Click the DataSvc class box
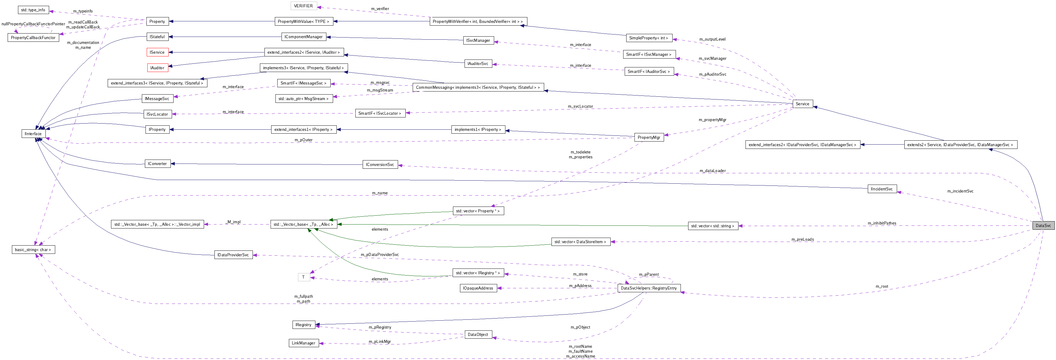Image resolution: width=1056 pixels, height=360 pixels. point(1043,225)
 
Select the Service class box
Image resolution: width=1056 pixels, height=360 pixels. point(802,104)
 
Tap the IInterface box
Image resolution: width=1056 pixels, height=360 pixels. point(33,134)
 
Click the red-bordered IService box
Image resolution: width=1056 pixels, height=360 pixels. point(157,52)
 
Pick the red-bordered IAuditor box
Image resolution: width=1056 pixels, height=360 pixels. point(157,68)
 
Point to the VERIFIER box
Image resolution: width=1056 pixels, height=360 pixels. point(304,6)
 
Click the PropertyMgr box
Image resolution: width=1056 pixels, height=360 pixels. point(648,137)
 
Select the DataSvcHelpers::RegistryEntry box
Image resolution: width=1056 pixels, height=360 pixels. point(648,288)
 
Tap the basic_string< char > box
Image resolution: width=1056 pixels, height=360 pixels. point(33,250)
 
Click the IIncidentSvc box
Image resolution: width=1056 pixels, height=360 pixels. point(882,189)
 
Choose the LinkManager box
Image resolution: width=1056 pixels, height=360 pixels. point(304,343)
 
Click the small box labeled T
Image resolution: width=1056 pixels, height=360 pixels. point(304,277)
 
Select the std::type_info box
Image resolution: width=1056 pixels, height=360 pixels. point(33,10)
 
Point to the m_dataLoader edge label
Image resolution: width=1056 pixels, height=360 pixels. point(713,171)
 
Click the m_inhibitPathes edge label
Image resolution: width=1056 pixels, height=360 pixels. point(882,223)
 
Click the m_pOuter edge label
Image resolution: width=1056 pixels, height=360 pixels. point(304,140)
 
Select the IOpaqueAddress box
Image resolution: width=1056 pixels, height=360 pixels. point(478,288)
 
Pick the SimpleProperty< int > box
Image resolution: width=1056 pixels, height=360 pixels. point(648,38)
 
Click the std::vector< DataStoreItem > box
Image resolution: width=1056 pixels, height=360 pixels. point(580,242)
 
